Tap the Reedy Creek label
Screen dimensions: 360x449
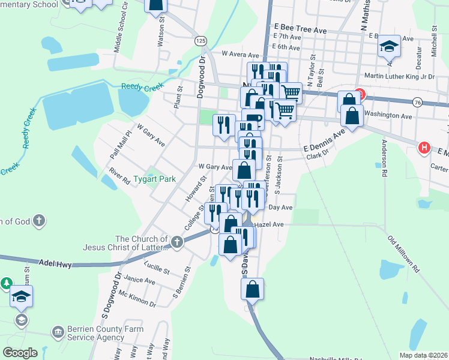point(142,88)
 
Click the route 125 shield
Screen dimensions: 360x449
point(200,40)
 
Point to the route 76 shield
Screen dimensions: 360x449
point(434,103)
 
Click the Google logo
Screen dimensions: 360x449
point(20,353)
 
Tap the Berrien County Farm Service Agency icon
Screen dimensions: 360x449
point(58,331)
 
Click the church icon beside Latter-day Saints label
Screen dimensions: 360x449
point(176,242)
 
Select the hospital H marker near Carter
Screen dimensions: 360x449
point(424,148)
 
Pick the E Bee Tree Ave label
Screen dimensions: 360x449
point(300,29)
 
